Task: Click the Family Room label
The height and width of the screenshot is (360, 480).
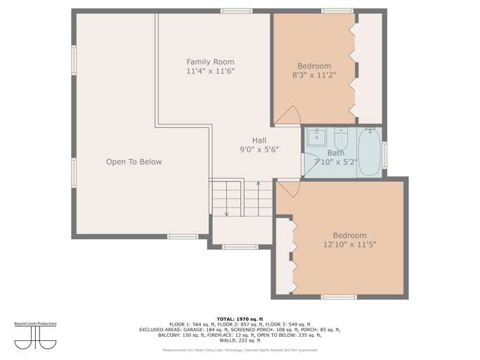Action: click(210, 62)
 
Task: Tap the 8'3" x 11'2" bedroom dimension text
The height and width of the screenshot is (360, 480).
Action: click(314, 76)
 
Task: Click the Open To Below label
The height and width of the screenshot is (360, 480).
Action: click(134, 162)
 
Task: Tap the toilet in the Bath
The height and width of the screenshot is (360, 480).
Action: click(341, 137)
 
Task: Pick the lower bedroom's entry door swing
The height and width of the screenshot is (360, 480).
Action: click(289, 188)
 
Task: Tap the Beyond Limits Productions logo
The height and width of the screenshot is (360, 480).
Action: click(35, 336)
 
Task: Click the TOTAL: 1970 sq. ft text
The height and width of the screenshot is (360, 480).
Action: click(240, 319)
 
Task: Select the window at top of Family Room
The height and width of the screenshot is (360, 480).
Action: click(236, 11)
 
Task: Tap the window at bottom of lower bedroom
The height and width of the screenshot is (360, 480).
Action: click(339, 297)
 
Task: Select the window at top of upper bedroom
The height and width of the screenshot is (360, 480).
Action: click(337, 11)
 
